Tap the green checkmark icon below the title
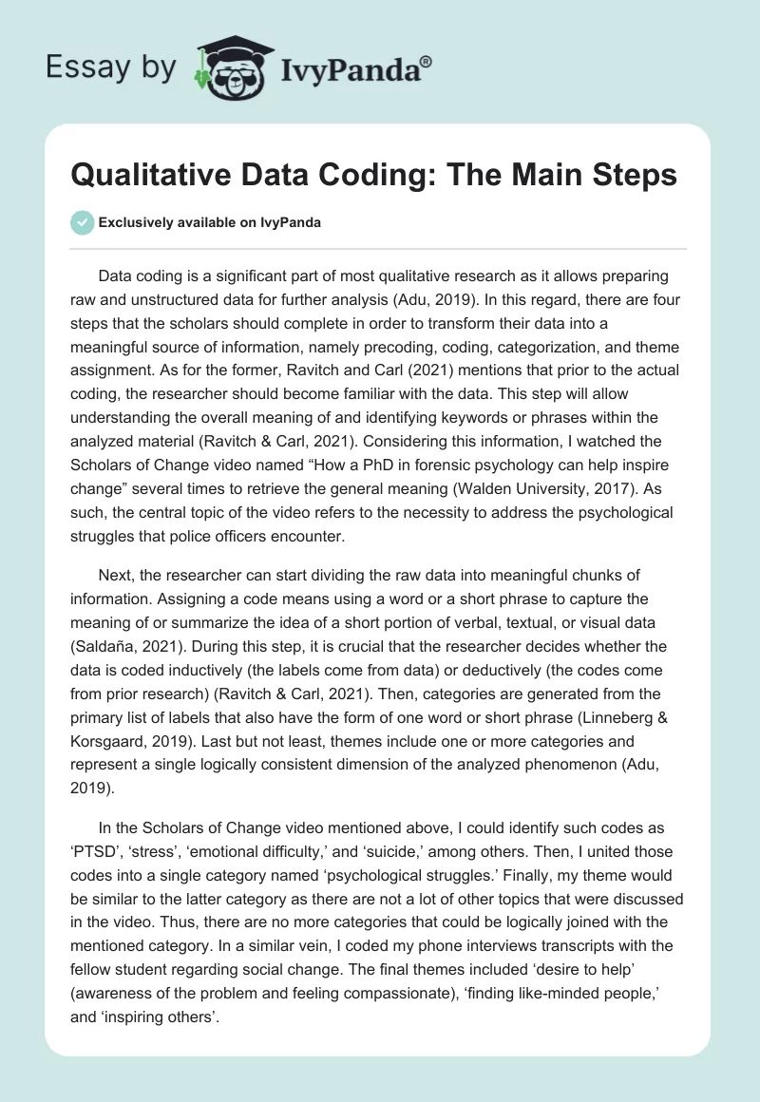point(82,222)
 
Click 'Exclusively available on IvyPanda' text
point(210,222)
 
